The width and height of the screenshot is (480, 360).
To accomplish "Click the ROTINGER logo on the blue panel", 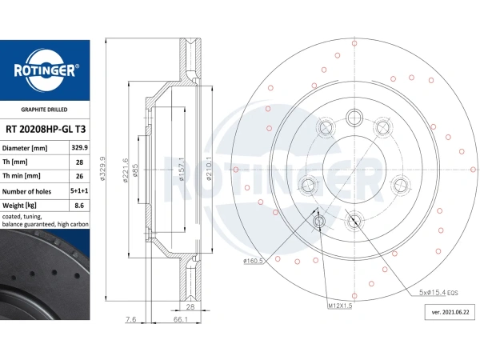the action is coord(45,70).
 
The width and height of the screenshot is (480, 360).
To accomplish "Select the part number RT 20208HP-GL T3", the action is coord(46,129).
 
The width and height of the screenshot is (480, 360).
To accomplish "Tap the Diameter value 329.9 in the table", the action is coord(79,147).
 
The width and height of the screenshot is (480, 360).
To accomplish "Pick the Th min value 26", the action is coord(79,176).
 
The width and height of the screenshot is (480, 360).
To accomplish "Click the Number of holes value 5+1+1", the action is coord(79,190).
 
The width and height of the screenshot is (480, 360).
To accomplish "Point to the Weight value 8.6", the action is coord(79,205).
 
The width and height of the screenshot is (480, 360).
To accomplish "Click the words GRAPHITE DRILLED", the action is coord(44,110).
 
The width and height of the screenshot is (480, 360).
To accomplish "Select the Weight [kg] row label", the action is coord(19,206).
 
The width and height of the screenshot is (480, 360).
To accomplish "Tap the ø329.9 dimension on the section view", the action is coord(102,168).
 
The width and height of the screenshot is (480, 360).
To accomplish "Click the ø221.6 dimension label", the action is coord(126,170).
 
